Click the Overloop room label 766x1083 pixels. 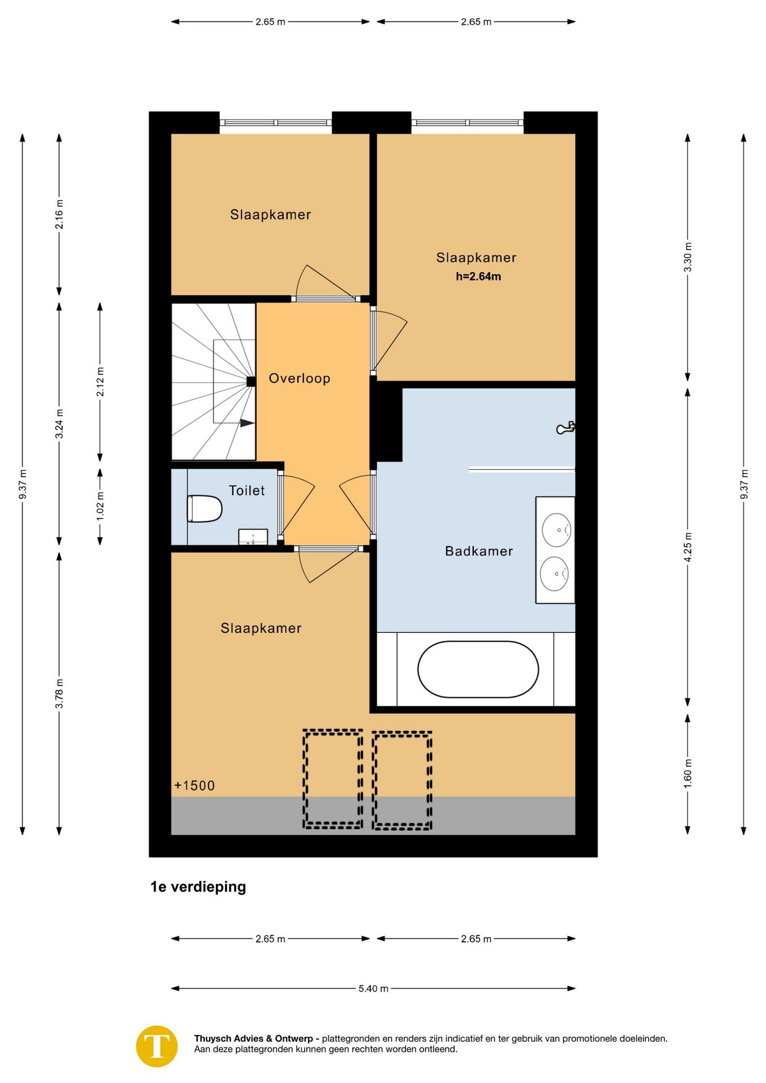pyautogui.click(x=299, y=378)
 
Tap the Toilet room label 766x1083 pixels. pyautogui.click(x=246, y=491)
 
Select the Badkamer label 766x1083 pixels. pyautogui.click(x=479, y=551)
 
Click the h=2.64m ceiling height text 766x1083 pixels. pyautogui.click(x=478, y=276)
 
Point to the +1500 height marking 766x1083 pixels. pyautogui.click(x=195, y=786)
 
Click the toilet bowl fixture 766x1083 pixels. pyautogui.click(x=204, y=509)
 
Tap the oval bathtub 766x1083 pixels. pyautogui.click(x=478, y=670)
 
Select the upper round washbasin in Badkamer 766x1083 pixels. pyautogui.click(x=557, y=530)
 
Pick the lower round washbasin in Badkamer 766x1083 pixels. pyautogui.click(x=554, y=574)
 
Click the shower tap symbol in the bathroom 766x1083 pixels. pyautogui.click(x=566, y=428)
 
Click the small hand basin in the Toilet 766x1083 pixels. pyautogui.click(x=253, y=537)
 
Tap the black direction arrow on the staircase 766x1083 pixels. pyautogui.click(x=247, y=423)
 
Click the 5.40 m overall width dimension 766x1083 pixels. pyautogui.click(x=373, y=988)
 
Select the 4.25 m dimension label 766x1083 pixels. pyautogui.click(x=688, y=547)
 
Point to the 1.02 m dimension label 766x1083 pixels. pyautogui.click(x=100, y=507)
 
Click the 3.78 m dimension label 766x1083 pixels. pyautogui.click(x=59, y=694)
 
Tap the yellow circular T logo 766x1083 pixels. pyautogui.click(x=157, y=1046)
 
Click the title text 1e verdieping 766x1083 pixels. pyautogui.click(x=198, y=887)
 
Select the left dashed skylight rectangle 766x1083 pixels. pyautogui.click(x=333, y=779)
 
